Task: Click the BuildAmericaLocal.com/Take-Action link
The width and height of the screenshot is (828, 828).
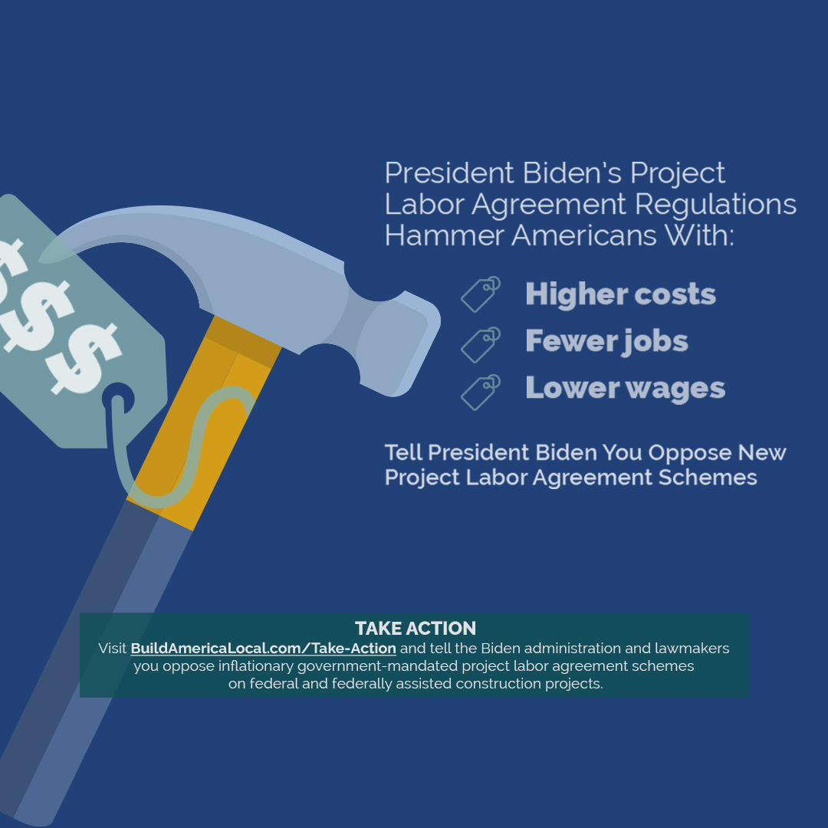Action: click(263, 649)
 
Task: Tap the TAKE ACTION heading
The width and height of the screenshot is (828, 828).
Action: click(415, 629)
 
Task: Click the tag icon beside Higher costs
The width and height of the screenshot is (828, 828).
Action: click(481, 294)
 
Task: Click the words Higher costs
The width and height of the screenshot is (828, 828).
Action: click(620, 294)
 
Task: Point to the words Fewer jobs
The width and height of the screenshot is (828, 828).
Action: click(606, 341)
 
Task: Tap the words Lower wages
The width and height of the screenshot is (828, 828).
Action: click(625, 388)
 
